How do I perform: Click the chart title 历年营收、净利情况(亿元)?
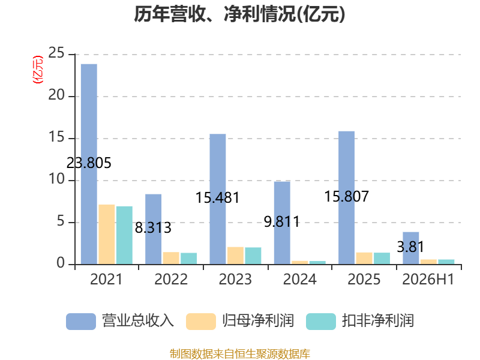pyautogui.click(x=239, y=14)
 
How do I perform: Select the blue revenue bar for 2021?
pyautogui.click(x=89, y=164)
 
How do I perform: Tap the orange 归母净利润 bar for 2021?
pyautogui.click(x=107, y=234)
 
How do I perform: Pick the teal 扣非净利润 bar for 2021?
pyautogui.click(x=124, y=235)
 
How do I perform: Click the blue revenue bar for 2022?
pyautogui.click(x=154, y=229)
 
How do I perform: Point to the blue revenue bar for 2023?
pyautogui.click(x=218, y=199)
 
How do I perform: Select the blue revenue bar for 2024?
pyautogui.click(x=282, y=223)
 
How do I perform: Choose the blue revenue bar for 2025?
pyautogui.click(x=347, y=198)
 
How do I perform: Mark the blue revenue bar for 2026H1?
pyautogui.click(x=411, y=248)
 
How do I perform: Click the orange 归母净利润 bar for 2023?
pyautogui.click(x=235, y=256)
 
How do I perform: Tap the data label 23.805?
pyautogui.click(x=89, y=163)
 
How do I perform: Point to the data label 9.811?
pyautogui.click(x=282, y=221)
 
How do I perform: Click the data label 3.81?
pyautogui.click(x=410, y=247)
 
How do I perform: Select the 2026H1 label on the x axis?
pyautogui.click(x=428, y=279)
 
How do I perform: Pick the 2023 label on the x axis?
pyautogui.click(x=235, y=279)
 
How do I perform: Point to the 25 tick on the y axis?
pyautogui.click(x=56, y=53)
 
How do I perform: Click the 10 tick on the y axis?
pyautogui.click(x=56, y=179)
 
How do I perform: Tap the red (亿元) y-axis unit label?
pyautogui.click(x=38, y=70)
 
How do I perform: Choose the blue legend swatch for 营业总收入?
pyautogui.click(x=81, y=322)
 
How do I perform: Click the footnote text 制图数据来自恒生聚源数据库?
pyautogui.click(x=239, y=353)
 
